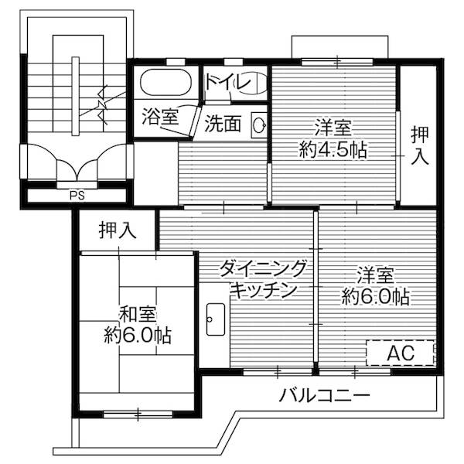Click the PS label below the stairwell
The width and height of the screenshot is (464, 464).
click(77, 195)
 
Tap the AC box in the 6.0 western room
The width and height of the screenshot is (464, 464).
click(401, 353)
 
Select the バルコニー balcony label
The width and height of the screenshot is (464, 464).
click(325, 396)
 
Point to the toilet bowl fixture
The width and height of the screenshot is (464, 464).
click(254, 83)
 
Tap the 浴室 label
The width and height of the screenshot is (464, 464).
click(160, 118)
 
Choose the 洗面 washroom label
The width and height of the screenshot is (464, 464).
click(223, 124)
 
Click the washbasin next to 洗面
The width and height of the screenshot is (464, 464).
click(260, 124)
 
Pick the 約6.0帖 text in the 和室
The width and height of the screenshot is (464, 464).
click(138, 336)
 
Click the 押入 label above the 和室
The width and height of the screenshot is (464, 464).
click(118, 230)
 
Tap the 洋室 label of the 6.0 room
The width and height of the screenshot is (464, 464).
click(377, 275)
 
